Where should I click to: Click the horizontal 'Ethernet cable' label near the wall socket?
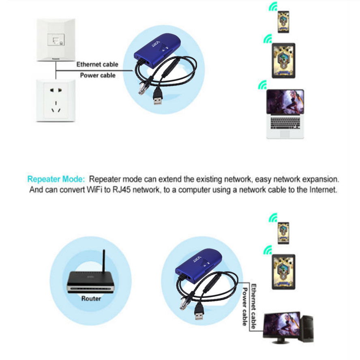97,64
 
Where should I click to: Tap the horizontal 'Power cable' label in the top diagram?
98,75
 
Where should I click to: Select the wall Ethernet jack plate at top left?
56,40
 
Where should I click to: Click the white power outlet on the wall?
56,100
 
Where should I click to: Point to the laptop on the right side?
285,114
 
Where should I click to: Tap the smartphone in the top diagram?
283,22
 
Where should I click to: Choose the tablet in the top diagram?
283,61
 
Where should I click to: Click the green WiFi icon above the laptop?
262,85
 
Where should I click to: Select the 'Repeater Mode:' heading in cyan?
56,179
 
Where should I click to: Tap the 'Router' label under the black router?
91,298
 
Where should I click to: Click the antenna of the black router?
103,261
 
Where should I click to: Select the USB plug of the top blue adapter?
158,96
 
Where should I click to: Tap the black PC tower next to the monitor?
307,328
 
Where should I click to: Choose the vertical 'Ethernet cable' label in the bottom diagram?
253,306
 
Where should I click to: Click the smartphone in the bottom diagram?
283,233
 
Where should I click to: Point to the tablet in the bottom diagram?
283,272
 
